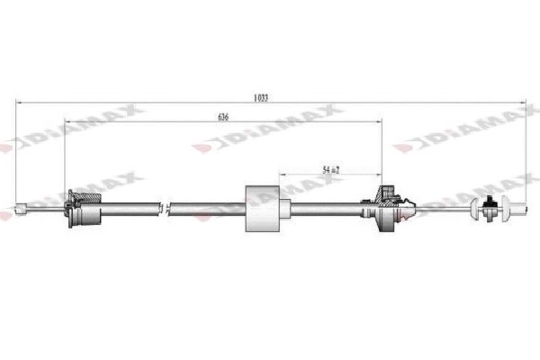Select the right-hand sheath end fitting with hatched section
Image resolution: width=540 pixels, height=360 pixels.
pyautogui.click(x=389, y=206)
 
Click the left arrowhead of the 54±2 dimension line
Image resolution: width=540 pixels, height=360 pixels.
pyautogui.click(x=282, y=175)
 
